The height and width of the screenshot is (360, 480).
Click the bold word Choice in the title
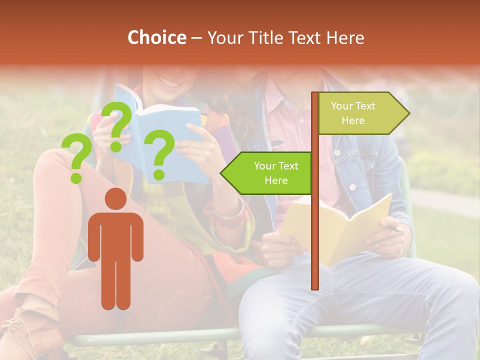click(156, 38)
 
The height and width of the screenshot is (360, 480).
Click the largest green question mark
click(118, 125)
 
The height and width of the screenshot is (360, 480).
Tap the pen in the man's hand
click(395, 229)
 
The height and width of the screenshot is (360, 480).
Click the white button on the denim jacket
click(352, 187)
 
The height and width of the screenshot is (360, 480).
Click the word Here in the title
click(345, 38)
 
